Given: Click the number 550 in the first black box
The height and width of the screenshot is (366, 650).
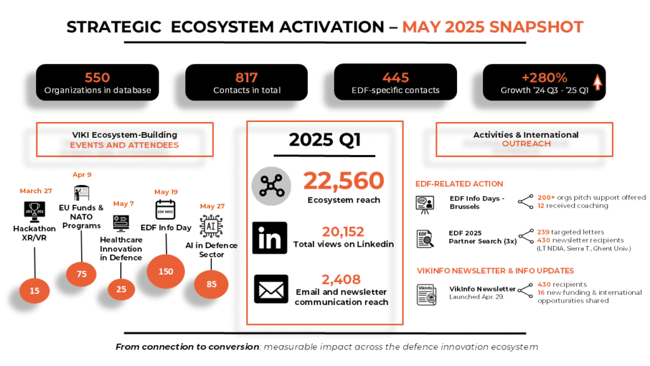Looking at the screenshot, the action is [x=97, y=78].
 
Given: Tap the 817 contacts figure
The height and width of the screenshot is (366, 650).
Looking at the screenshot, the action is [x=247, y=78].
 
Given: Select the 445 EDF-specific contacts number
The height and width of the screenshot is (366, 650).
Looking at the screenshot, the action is [x=395, y=78].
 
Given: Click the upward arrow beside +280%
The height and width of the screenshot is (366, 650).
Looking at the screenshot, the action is [x=597, y=82].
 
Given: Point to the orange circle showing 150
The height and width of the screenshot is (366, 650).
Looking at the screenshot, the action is [x=166, y=271].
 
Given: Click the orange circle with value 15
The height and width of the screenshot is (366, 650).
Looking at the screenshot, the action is [x=34, y=291].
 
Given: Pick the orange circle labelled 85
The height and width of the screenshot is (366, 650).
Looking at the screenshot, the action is [x=211, y=284].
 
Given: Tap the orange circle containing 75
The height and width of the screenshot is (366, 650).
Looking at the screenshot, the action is [x=81, y=274].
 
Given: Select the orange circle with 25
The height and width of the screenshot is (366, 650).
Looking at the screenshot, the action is [x=121, y=289].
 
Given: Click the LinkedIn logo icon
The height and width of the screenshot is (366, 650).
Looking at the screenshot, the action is [x=270, y=238].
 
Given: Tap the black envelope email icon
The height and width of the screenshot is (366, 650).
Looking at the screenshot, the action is [x=271, y=289].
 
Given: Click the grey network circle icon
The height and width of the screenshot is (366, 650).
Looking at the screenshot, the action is [x=272, y=186].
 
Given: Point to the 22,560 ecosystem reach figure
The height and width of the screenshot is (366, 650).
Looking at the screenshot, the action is [x=343, y=181].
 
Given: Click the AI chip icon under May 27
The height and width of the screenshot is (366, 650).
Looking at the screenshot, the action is [x=211, y=227].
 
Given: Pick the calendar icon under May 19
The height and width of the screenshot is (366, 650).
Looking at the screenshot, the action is [x=166, y=210].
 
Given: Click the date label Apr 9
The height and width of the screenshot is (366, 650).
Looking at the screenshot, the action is [x=82, y=175].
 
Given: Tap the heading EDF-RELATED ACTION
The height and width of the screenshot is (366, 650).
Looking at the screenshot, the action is [x=460, y=184].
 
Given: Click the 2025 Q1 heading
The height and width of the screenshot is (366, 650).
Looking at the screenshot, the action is [x=324, y=140].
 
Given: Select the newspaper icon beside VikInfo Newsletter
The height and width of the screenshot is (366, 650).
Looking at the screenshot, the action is [x=427, y=295].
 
